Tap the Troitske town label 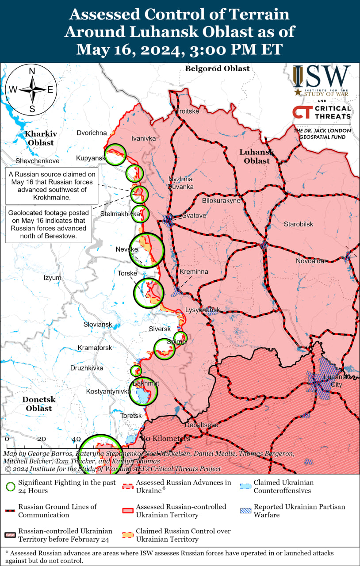tap(188, 111)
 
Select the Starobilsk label tap(299, 224)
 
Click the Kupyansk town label tap(90, 158)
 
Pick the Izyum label tap(52, 278)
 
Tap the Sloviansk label tap(98, 324)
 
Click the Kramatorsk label tap(95, 348)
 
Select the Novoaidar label tap(311, 261)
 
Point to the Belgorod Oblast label tap(217, 69)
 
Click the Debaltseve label tap(201, 424)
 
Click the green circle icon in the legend tap(11, 487)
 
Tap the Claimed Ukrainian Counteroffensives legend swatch tap(246, 486)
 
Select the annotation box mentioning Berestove tap(48, 224)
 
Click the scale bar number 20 tap(41, 439)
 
